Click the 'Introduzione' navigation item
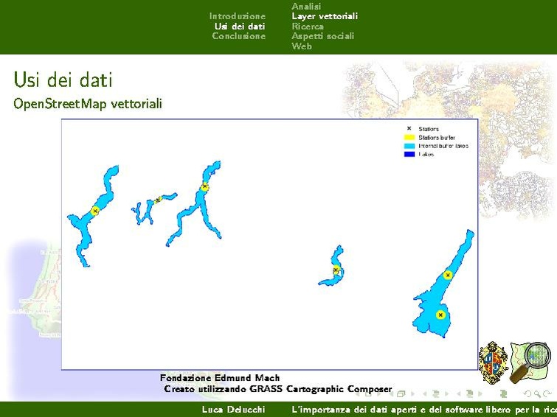tap(237, 16)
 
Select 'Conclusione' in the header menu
tap(238, 36)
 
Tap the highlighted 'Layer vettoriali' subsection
tap(324, 16)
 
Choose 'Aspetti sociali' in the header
tap(322, 36)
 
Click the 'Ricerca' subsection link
tap(307, 27)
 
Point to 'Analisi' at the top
tap(306, 6)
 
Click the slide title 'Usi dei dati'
tap(63, 79)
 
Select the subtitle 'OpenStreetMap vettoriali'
tap(87, 104)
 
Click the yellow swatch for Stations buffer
tap(408, 138)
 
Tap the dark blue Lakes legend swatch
tap(408, 155)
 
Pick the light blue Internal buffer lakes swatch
tap(408, 146)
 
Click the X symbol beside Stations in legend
tap(408, 129)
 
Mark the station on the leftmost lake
tap(95, 211)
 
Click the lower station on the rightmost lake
tap(440, 315)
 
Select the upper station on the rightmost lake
tap(447, 276)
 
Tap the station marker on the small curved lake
tap(336, 270)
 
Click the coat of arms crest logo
tap(494, 362)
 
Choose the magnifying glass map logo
tap(533, 361)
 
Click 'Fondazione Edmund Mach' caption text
tap(220, 378)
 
